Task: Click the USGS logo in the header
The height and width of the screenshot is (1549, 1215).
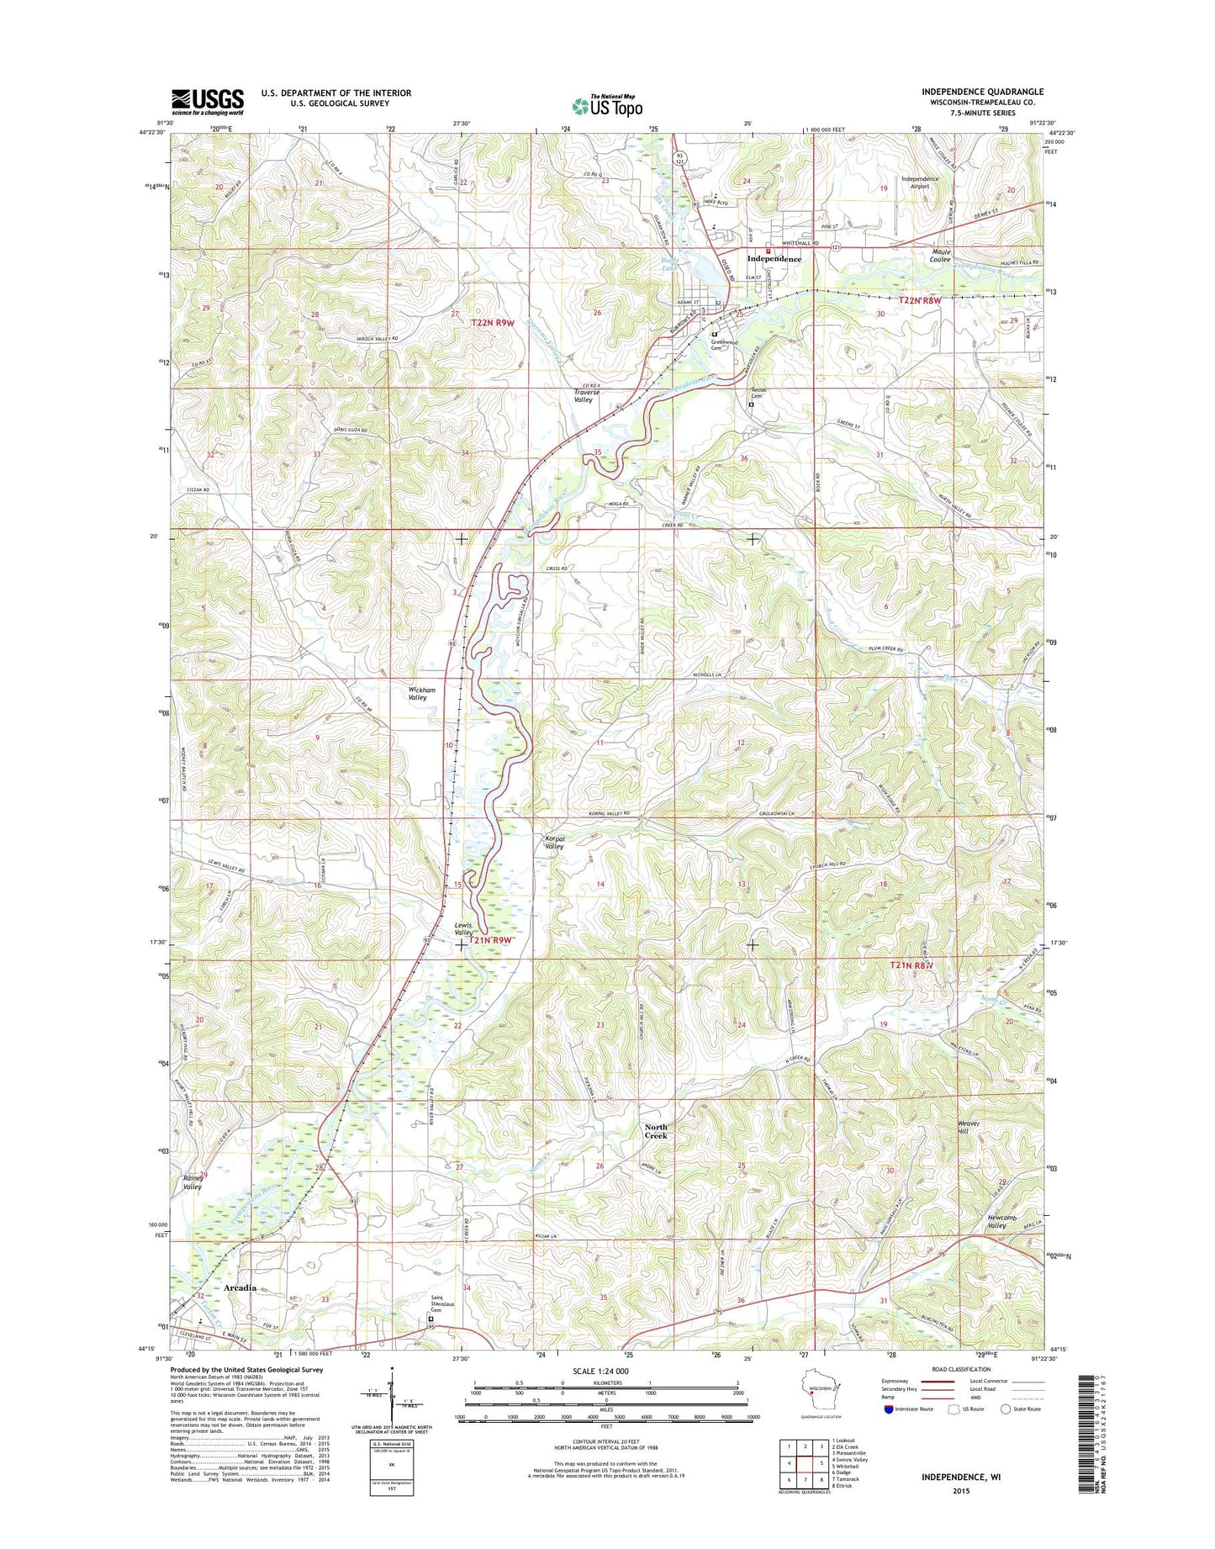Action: [x=208, y=102]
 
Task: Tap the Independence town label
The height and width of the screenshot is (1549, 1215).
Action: [x=774, y=259]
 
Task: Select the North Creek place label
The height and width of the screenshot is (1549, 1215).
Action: [x=656, y=1131]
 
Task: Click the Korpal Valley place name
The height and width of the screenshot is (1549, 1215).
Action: [x=553, y=842]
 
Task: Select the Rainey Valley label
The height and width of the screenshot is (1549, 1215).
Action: [x=193, y=1182]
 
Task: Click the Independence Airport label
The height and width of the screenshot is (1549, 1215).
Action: [x=919, y=183]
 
